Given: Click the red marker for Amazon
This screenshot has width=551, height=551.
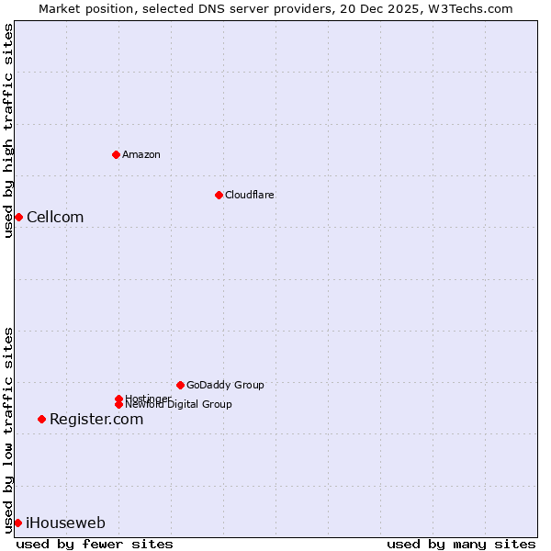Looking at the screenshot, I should point(116,154).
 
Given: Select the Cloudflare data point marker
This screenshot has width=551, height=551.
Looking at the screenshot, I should point(219,195).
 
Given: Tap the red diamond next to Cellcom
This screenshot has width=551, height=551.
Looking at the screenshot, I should point(18,217).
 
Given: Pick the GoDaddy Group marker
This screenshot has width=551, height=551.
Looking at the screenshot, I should point(180,385).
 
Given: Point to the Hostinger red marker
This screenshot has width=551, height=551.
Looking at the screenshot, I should point(118,399).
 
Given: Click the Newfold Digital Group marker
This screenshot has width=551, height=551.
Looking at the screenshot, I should point(118,404).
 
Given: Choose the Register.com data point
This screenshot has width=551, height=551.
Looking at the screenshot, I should point(41,419).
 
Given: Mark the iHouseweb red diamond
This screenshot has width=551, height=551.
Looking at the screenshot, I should point(17,523).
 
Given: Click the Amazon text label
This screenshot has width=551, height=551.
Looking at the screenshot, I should point(141,154).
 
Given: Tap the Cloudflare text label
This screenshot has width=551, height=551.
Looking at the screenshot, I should point(250,195).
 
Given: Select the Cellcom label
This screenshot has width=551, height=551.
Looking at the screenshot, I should point(55,217).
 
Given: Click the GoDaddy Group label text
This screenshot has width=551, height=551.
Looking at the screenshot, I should point(225,385).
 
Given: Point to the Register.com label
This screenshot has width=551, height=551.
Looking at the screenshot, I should point(96,419).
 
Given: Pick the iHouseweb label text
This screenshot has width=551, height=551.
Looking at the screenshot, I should point(65,523).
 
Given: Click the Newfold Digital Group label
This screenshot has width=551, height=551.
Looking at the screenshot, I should point(179,405).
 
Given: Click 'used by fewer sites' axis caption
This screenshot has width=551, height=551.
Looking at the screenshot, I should point(95,544).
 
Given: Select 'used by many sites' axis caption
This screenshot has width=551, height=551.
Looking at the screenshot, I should point(461,544).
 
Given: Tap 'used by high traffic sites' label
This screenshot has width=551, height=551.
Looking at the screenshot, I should point(8,130).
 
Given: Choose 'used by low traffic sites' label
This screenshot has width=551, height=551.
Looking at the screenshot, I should point(8,430).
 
